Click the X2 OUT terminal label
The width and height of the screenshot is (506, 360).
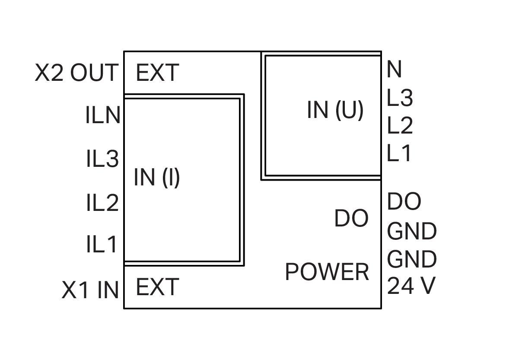76,73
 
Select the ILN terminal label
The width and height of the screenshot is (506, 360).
103,116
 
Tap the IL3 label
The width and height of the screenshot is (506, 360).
102,159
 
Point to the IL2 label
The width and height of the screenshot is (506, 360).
102,202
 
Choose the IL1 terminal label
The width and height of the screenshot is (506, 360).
102,244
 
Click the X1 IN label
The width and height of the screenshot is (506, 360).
90,290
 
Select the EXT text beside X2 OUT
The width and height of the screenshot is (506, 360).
157,73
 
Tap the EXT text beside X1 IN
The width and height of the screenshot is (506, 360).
157,287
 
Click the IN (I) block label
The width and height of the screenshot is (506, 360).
157,177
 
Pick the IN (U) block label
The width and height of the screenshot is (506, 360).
335,110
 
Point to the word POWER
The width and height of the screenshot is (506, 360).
327,272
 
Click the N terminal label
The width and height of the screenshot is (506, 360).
394,70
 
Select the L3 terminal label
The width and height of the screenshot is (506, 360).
400,98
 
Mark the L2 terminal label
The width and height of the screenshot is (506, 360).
400,126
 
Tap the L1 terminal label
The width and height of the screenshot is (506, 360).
399,153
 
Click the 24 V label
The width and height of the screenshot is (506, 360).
411,286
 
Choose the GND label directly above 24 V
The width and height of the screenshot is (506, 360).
412,259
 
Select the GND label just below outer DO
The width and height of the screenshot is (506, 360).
412,231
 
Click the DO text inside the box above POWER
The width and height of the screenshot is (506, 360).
351,219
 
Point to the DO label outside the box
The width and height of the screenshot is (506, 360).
404,201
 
